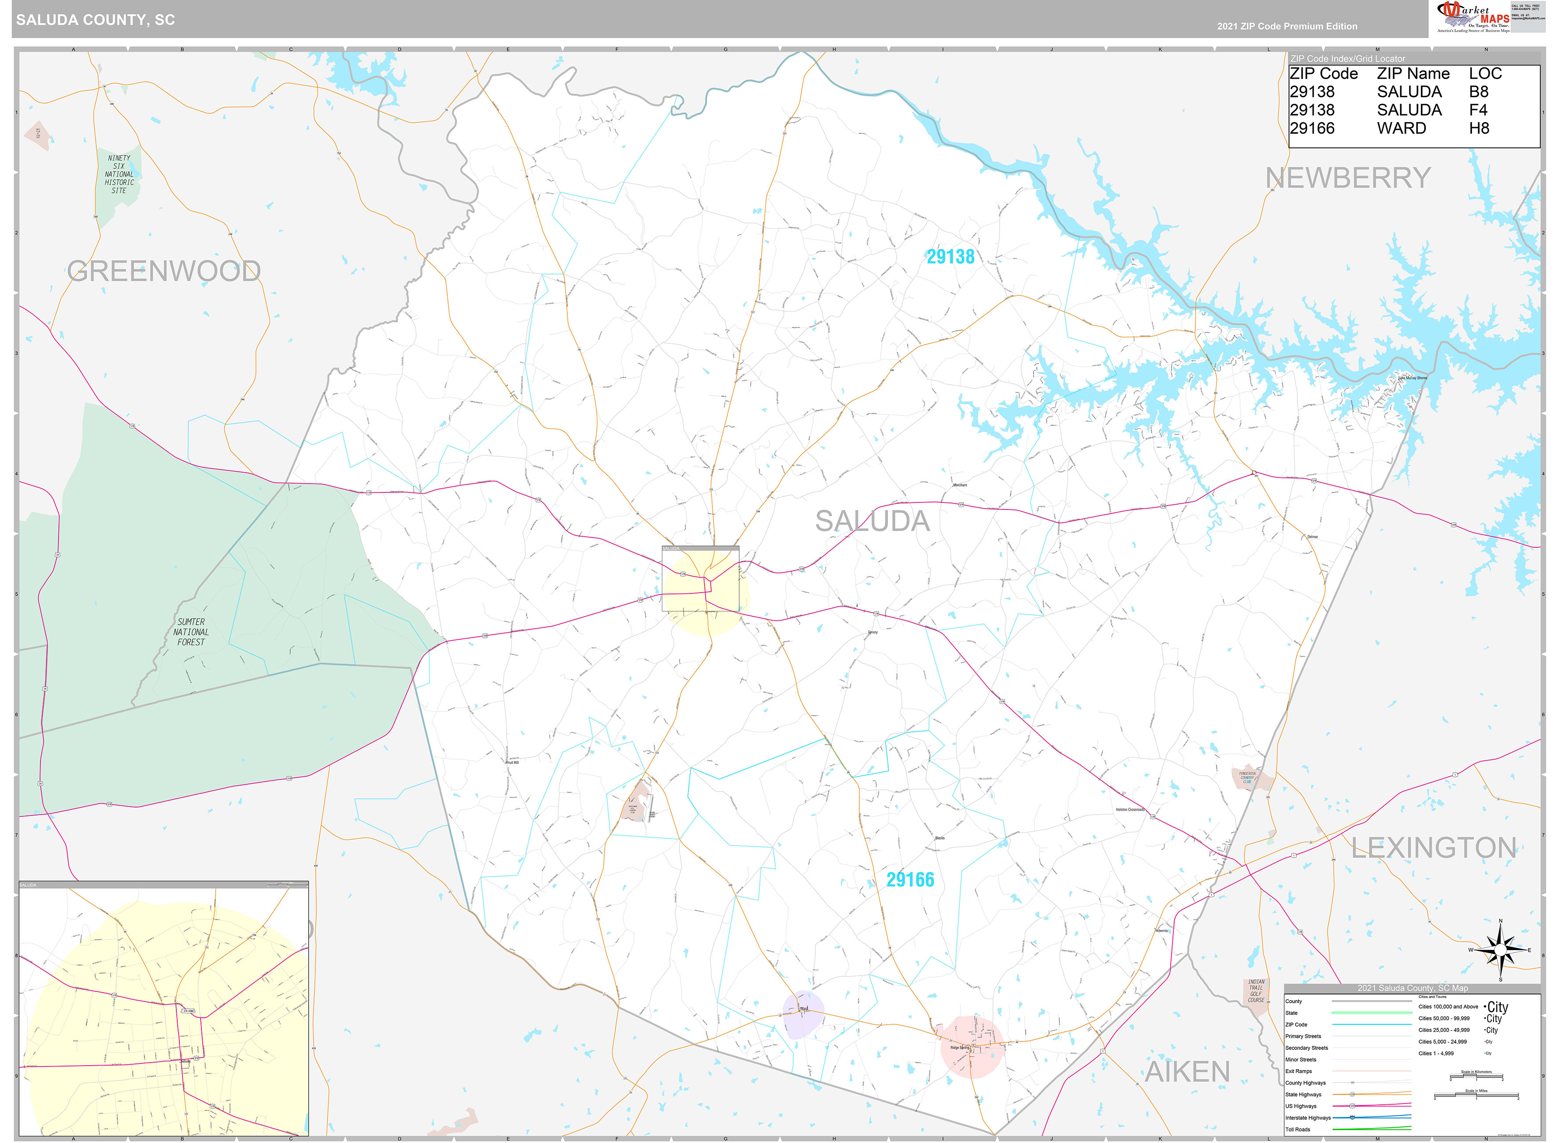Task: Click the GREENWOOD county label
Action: point(164,271)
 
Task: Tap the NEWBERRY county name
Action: point(1347,178)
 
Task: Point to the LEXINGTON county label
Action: point(1433,848)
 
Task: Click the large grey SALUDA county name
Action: point(872,521)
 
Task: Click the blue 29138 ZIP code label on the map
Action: point(950,257)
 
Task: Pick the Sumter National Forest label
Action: point(191,632)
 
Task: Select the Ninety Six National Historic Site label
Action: point(119,175)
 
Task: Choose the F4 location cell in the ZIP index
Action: point(1478,110)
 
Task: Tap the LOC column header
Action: point(1485,74)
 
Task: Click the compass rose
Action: point(1500,950)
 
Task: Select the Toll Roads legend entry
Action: point(1298,1130)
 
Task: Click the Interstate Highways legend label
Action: point(1308,1118)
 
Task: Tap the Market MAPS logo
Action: point(1472,17)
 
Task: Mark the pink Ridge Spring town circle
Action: point(971,1047)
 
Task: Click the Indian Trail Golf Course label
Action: point(1256,991)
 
